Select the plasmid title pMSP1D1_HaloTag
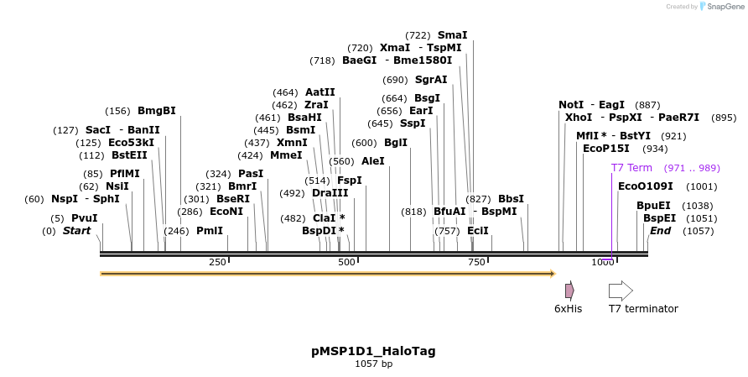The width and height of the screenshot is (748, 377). [373, 351]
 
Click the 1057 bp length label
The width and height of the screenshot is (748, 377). [373, 364]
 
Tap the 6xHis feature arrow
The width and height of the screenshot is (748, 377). [569, 291]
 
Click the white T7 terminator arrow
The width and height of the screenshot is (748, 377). [621, 291]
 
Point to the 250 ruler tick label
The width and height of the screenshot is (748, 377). [218, 263]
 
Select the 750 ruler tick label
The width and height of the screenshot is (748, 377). [476, 263]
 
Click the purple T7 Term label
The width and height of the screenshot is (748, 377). [631, 168]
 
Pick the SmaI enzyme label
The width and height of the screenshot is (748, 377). [453, 35]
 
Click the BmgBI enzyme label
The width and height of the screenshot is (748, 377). [157, 111]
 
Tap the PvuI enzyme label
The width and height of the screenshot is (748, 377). [85, 218]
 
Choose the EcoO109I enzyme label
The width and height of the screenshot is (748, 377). [645, 186]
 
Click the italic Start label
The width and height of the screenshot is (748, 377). [77, 231]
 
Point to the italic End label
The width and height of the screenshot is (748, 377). [661, 231]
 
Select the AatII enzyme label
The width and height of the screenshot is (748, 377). [320, 92]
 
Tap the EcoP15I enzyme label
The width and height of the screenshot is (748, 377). [606, 149]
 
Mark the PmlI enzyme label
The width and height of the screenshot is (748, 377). [210, 231]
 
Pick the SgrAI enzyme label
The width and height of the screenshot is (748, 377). [431, 80]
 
